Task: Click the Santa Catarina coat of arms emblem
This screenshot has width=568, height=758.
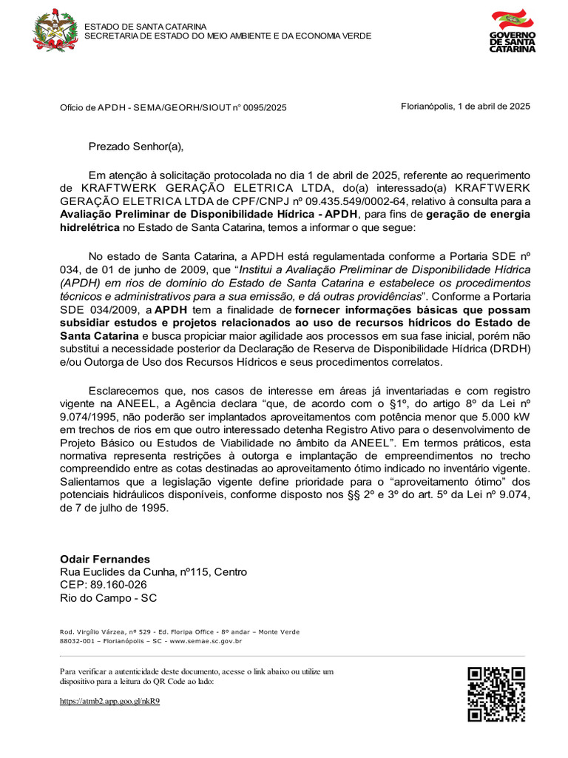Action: pyautogui.click(x=55, y=30)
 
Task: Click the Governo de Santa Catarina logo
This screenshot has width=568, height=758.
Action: pyautogui.click(x=512, y=31)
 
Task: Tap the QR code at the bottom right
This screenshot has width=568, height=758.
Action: pyautogui.click(x=496, y=694)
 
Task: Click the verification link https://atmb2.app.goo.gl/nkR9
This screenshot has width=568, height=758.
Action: pyautogui.click(x=109, y=700)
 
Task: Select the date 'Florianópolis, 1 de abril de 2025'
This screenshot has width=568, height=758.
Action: pyautogui.click(x=465, y=106)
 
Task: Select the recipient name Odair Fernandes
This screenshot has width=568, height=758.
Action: pyautogui.click(x=105, y=559)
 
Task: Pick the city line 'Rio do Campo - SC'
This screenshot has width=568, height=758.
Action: pyautogui.click(x=108, y=599)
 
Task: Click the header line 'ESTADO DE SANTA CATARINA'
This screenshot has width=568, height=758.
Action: pyautogui.click(x=145, y=27)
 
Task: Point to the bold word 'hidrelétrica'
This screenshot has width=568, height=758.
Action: pyautogui.click(x=89, y=228)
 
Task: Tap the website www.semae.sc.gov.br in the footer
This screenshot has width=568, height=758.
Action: pyautogui.click(x=211, y=642)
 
